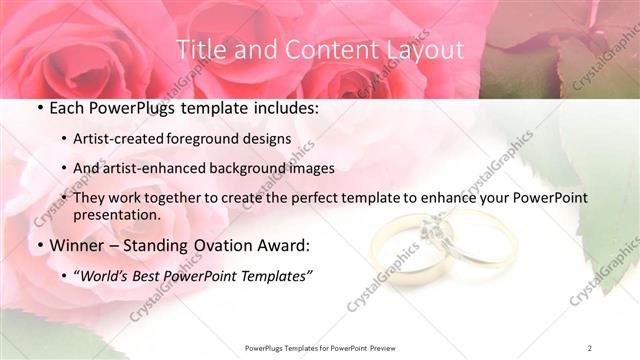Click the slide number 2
[590, 347]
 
